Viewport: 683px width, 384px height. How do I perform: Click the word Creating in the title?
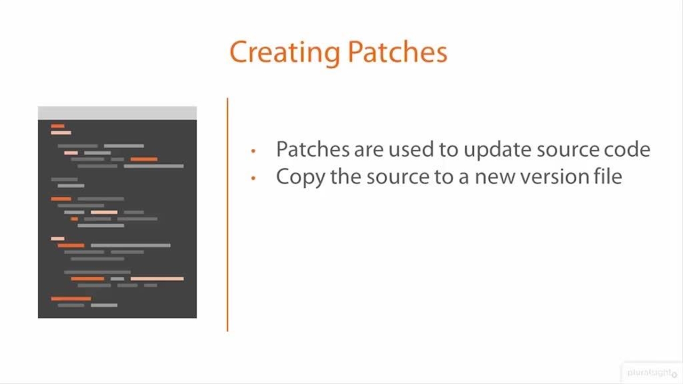(285, 53)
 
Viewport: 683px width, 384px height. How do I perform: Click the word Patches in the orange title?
(398, 52)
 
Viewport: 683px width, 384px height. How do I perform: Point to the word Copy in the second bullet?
(300, 178)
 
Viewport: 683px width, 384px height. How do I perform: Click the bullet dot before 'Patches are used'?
(253, 150)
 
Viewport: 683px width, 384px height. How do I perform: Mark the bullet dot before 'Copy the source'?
(253, 178)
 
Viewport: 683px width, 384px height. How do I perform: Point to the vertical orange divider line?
(227, 214)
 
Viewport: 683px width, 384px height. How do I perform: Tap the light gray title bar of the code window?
(117, 113)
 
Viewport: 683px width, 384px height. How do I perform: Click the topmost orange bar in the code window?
(58, 126)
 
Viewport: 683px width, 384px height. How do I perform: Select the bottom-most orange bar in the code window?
(71, 299)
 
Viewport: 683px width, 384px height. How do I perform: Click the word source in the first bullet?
(568, 150)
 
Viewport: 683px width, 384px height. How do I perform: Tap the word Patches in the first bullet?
(313, 149)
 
